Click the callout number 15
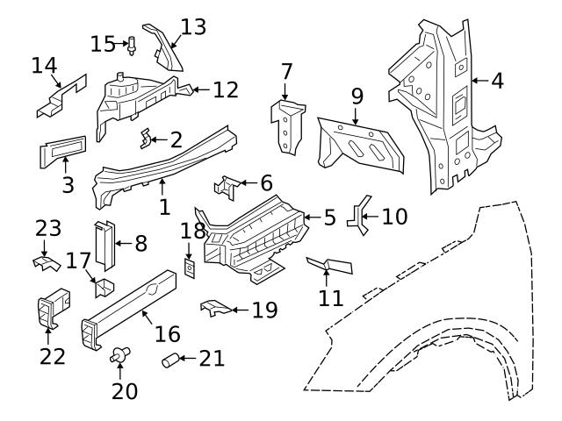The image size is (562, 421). tap(103, 43)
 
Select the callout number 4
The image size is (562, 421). tap(498, 81)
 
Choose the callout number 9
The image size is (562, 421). tap(357, 94)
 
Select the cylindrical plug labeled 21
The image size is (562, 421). tap(174, 360)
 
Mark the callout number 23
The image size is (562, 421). tap(47, 229)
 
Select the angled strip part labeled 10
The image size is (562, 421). tap(357, 217)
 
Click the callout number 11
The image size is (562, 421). tap(331, 297)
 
